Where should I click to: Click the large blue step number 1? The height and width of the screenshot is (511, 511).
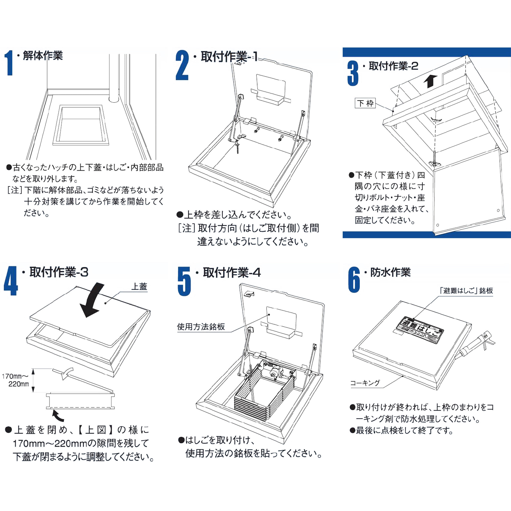click(10, 63)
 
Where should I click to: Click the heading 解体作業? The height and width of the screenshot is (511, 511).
click(43, 56)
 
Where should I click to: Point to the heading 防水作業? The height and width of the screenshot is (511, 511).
click(390, 272)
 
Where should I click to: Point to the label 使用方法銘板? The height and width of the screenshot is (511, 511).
click(201, 327)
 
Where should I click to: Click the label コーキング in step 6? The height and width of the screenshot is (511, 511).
click(365, 383)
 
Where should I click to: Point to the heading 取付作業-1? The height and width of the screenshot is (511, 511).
click(229, 57)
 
